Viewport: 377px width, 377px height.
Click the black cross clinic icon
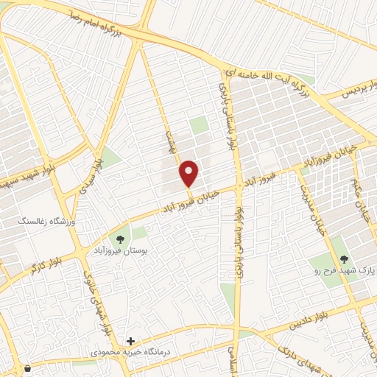point(130,341)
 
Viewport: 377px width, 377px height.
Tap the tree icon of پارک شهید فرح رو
point(343,258)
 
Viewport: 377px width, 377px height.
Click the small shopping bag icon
point(27,367)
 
